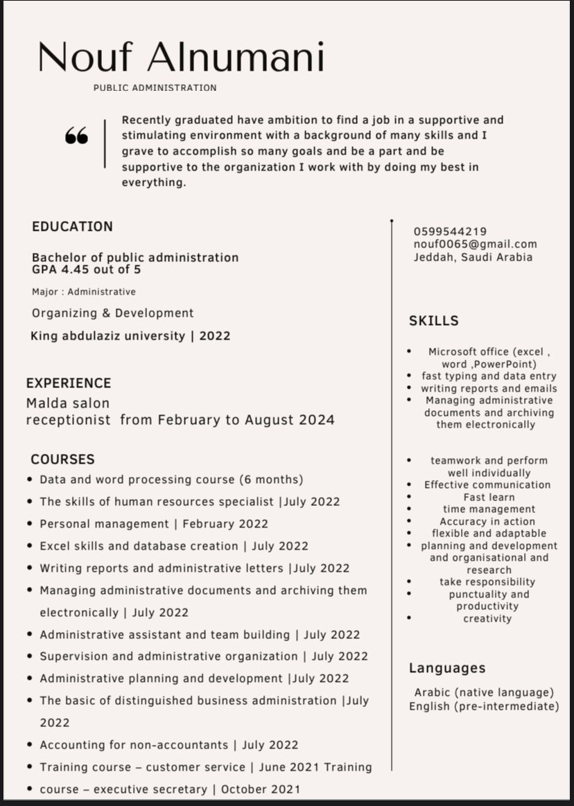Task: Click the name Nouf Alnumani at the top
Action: (x=181, y=57)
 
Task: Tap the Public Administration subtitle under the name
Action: (x=155, y=88)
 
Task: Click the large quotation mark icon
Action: (x=76, y=136)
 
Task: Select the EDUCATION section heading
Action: (x=72, y=227)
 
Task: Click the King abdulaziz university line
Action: (x=130, y=336)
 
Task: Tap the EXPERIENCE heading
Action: (x=69, y=383)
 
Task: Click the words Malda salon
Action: (x=68, y=403)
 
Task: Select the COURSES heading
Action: (x=62, y=459)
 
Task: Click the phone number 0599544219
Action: (x=450, y=231)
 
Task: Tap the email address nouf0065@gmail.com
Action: (x=475, y=244)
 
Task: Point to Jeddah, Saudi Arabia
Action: (x=473, y=257)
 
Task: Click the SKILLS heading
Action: (x=433, y=321)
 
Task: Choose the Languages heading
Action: (x=446, y=668)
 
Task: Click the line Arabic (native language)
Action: (x=484, y=692)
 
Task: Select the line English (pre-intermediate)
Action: (x=484, y=707)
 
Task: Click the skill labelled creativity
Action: (x=487, y=618)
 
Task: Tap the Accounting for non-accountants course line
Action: (x=168, y=745)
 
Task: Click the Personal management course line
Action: (x=153, y=524)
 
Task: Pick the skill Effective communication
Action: (x=487, y=485)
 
